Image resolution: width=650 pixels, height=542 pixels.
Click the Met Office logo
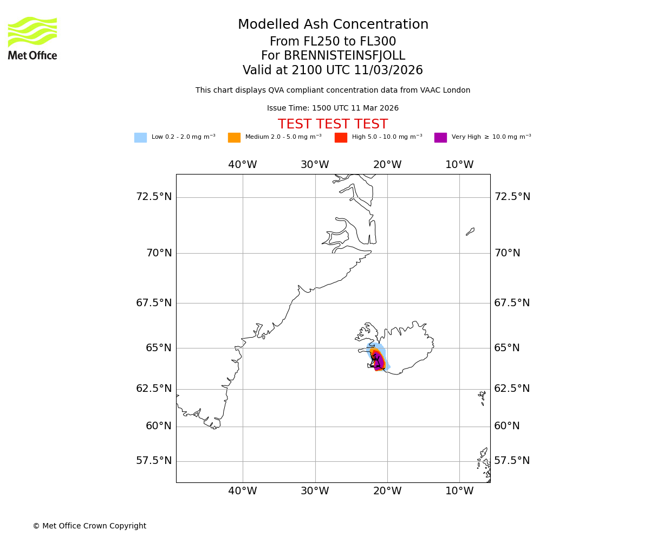pos(32,38)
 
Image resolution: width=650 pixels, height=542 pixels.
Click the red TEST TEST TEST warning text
pos(333,125)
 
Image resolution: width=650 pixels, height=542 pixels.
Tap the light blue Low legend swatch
pos(140,138)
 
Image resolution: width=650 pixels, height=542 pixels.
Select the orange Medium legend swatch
pos(234,138)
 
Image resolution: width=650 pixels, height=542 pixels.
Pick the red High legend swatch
pos(341,138)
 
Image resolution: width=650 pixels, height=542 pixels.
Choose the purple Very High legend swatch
pos(440,138)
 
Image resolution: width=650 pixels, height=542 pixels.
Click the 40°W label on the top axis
pos(242,165)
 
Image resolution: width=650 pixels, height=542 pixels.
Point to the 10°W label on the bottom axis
pos(459,491)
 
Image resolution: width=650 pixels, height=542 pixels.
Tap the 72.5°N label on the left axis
pos(154,197)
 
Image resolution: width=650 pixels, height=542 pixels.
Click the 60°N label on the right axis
pos(507,426)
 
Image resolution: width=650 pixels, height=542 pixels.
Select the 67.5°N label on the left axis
pos(154,303)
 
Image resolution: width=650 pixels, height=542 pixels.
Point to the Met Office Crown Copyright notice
pos(89,526)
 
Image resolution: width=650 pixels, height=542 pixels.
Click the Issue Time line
pos(333,108)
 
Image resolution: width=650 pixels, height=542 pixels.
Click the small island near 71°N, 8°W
pos(470,231)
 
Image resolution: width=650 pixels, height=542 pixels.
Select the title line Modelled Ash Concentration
pos(333,25)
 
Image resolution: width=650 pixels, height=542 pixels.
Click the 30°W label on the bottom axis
pos(315,491)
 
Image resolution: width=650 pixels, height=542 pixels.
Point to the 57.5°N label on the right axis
pos(512,461)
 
